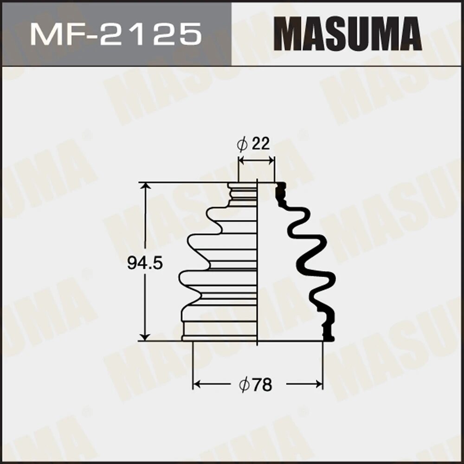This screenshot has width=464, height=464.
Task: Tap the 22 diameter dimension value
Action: click(260, 145)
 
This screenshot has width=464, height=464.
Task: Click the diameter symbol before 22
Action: click(243, 145)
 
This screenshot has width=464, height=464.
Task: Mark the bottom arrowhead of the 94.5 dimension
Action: click(146, 337)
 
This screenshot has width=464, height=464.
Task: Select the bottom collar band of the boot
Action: click(220, 330)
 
